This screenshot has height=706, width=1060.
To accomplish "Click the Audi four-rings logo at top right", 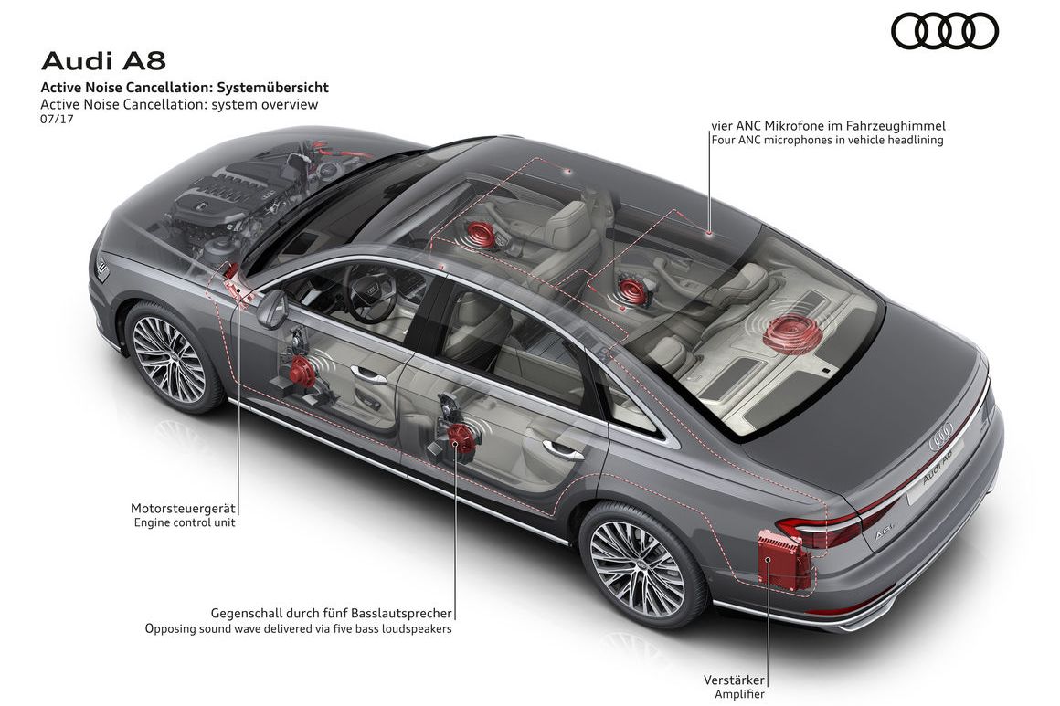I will click(x=945, y=32).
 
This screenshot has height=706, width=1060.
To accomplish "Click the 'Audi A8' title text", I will click(x=102, y=61).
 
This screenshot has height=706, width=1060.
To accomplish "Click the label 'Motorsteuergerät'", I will click(x=183, y=508).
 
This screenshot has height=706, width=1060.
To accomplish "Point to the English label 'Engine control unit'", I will click(x=184, y=523).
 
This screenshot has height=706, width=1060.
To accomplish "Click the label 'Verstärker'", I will click(x=733, y=680).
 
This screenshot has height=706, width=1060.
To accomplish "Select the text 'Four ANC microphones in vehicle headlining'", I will click(x=827, y=141).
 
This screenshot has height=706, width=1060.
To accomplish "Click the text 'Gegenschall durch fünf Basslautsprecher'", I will click(x=332, y=614).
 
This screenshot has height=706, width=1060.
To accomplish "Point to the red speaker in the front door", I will click(x=302, y=369).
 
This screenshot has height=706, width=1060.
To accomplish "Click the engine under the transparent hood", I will click(x=228, y=196).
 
